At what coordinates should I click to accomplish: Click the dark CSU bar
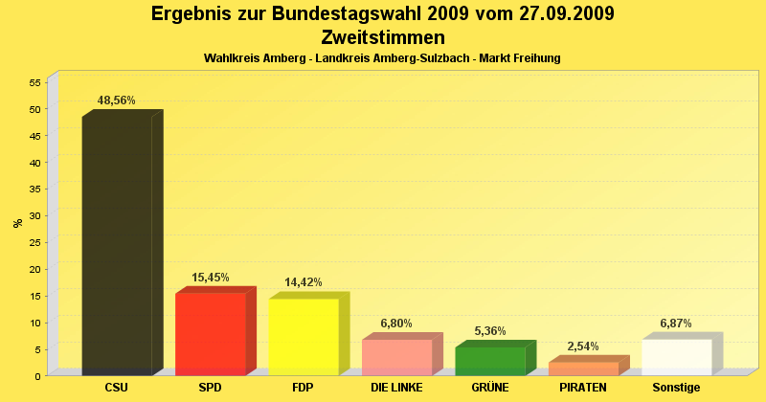[117, 244]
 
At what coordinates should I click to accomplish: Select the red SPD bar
[211, 333]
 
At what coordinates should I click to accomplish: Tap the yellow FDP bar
[304, 336]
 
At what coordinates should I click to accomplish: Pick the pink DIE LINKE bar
[396, 357]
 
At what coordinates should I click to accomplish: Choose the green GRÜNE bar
[490, 361]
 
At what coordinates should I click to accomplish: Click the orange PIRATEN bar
[583, 368]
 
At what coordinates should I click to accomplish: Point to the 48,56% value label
[117, 100]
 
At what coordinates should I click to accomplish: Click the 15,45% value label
[211, 278]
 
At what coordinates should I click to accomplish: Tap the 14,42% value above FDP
[304, 282]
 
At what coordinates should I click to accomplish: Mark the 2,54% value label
[583, 346]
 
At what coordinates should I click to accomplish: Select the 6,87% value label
[676, 324]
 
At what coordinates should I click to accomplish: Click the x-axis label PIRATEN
[583, 388]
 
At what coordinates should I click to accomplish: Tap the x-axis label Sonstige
[676, 388]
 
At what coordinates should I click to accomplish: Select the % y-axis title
[18, 223]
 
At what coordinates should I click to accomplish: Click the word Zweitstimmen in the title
[383, 38]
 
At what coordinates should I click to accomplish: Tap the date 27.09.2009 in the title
[559, 14]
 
